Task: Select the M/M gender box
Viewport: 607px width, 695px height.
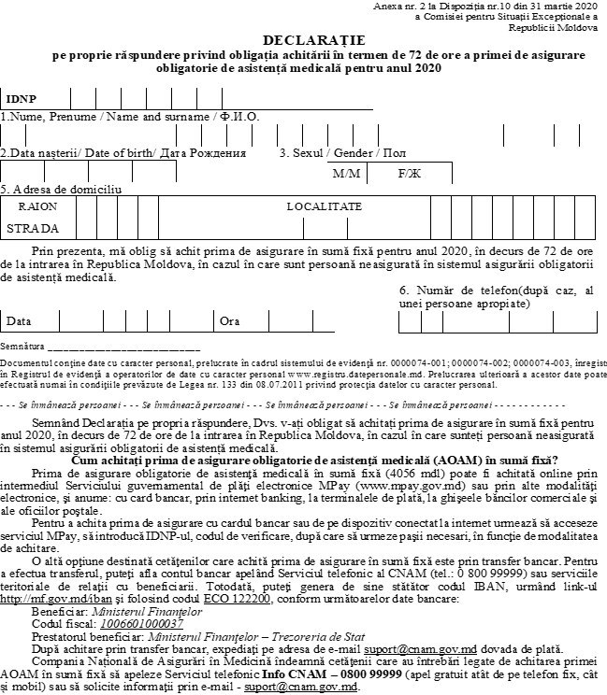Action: (x=346, y=174)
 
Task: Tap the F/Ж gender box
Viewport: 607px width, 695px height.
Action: (x=409, y=174)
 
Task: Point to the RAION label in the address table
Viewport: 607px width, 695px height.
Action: (x=37, y=206)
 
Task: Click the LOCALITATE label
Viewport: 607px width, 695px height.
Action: (x=324, y=206)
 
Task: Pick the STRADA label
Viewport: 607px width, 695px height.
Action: (x=33, y=228)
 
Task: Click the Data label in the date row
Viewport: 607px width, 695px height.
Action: (x=19, y=321)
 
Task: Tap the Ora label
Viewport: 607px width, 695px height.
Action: (x=229, y=321)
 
